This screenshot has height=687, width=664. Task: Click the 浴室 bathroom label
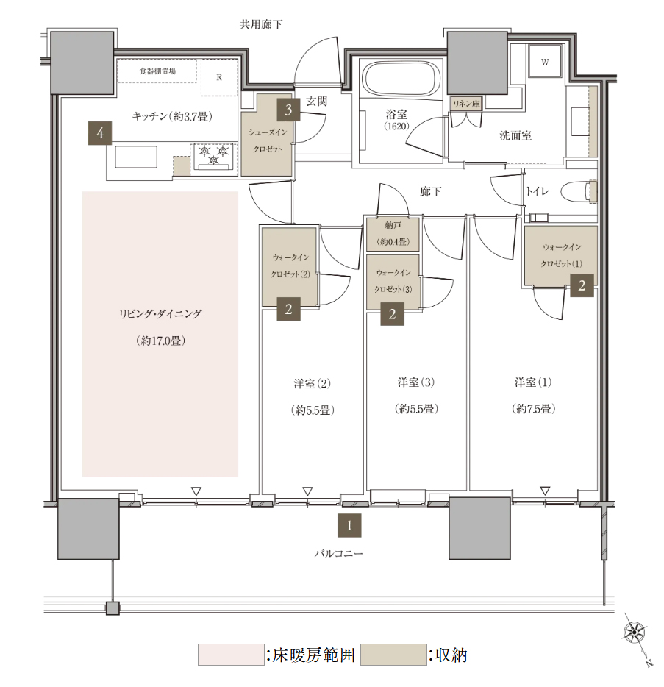point(396,115)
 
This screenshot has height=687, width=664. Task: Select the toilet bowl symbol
point(579,191)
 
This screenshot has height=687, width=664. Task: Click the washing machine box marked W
point(545,61)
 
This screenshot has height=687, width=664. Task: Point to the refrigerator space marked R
point(219,77)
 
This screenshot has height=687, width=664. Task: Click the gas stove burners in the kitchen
point(214,156)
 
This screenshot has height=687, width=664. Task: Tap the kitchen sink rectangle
point(136,157)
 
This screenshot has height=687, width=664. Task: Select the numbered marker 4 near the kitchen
point(100,132)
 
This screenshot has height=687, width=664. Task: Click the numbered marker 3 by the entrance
point(288,109)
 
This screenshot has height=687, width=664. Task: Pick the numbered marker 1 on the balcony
point(349,525)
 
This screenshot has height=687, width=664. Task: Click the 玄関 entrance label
point(316,102)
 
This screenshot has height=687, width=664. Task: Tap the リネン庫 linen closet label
point(466,104)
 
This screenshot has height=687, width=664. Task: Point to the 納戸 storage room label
point(393,225)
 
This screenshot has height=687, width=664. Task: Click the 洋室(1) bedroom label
point(533,382)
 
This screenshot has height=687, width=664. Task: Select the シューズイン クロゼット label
point(268,140)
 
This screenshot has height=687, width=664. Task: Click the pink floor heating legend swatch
point(231,655)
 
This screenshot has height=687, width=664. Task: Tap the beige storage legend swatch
point(393,655)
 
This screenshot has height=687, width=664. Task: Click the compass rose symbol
point(635,633)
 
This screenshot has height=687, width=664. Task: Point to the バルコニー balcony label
point(338,554)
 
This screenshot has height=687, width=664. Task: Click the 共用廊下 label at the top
point(261,24)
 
